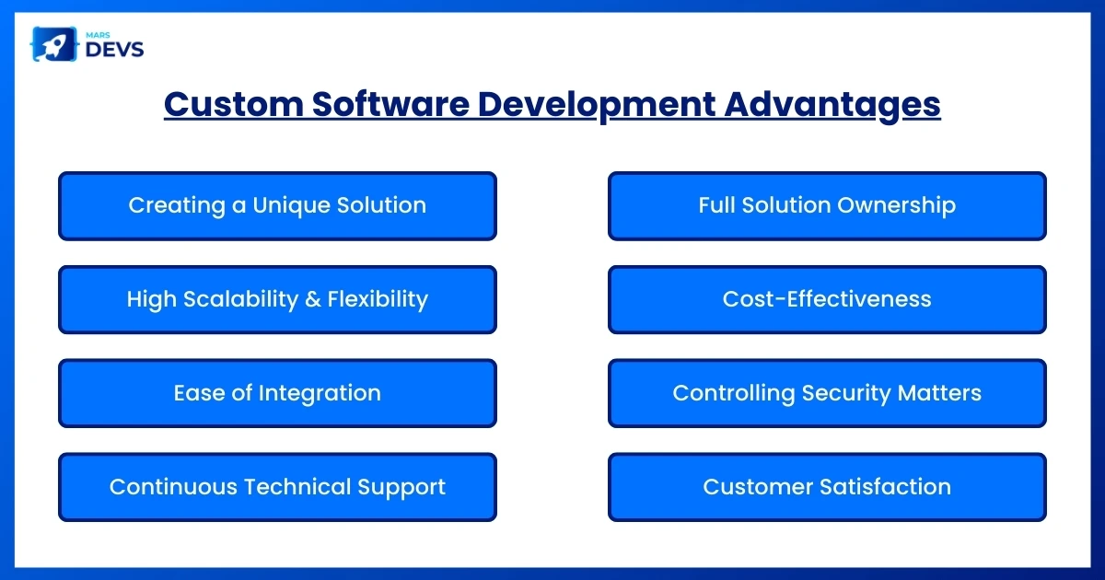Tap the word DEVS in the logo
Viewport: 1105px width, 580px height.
[x=114, y=50]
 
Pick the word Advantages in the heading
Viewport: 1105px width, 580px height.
[x=832, y=105]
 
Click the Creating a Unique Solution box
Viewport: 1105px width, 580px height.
[x=277, y=205]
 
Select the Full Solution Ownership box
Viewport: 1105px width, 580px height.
[x=827, y=205]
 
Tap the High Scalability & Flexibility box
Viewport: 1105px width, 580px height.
[x=277, y=299]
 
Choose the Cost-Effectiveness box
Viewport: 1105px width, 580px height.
[x=827, y=299]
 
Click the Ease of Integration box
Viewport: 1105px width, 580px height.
[x=277, y=393]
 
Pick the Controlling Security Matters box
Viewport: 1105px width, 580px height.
[x=827, y=393]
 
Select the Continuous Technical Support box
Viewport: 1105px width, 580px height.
[x=277, y=487]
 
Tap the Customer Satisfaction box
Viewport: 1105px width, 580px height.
[x=827, y=487]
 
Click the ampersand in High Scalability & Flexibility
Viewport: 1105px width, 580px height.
[x=313, y=299]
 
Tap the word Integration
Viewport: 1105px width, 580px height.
[x=319, y=393]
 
